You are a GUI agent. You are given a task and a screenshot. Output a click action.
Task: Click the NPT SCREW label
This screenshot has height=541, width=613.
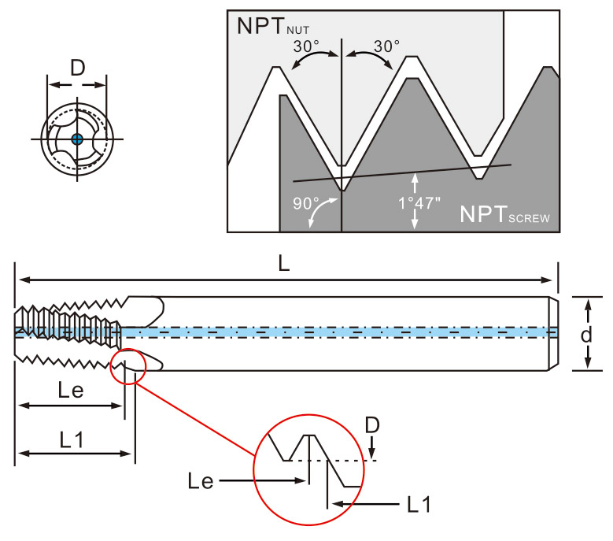click(x=504, y=214)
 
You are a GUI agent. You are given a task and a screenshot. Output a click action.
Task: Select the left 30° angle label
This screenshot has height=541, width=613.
click(x=307, y=46)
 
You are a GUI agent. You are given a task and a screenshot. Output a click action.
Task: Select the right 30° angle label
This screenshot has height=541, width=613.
click(x=386, y=46)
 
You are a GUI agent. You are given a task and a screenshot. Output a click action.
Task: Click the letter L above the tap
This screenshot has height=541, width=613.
click(x=284, y=265)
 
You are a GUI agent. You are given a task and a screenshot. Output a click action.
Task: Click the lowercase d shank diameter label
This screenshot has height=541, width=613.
click(x=585, y=334)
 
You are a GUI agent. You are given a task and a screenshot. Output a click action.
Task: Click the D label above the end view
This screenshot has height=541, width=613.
click(x=77, y=69)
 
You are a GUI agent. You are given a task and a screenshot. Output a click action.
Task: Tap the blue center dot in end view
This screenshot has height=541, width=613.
click(x=76, y=139)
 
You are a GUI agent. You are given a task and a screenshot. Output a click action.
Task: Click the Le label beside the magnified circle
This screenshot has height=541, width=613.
click(x=202, y=480)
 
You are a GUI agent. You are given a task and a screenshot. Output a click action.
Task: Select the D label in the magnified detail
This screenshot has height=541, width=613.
click(x=372, y=425)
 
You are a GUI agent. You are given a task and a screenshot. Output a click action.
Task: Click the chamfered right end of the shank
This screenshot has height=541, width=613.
click(x=553, y=332)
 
